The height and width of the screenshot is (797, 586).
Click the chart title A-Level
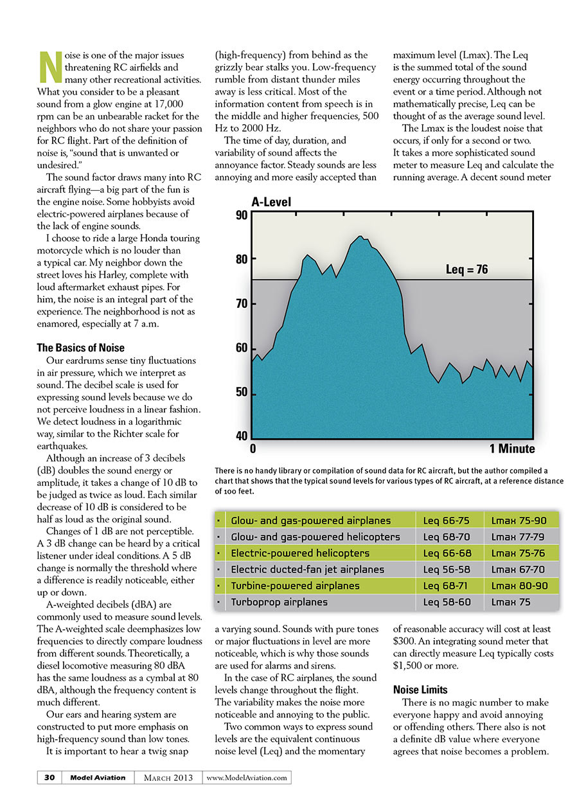[271, 202]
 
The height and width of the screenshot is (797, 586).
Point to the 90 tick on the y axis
[241, 215]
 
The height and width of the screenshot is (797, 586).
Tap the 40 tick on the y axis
[241, 436]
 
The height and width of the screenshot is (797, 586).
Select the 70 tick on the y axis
[241, 304]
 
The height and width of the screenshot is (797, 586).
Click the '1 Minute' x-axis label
[511, 449]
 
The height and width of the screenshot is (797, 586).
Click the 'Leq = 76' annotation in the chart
[466, 270]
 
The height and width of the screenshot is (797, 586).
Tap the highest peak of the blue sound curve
[360, 236]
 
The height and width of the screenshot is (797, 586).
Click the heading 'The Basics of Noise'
[80, 348]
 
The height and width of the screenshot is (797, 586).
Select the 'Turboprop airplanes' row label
[280, 602]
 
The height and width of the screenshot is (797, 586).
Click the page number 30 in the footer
[49, 777]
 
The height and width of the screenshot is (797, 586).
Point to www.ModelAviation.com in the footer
[247, 777]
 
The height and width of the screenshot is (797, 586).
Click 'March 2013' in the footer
[168, 777]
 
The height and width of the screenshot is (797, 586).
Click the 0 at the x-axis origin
[253, 449]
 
